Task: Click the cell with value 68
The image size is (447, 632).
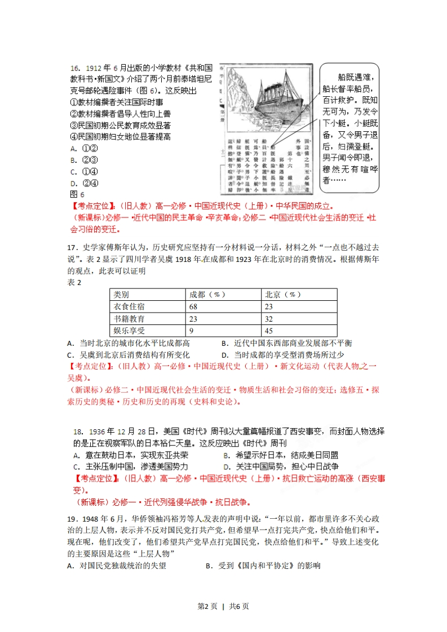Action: point(195,306)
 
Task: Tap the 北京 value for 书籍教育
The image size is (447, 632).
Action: point(269,318)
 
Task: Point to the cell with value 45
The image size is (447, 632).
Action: point(269,331)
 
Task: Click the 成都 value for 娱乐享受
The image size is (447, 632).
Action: point(192,331)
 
